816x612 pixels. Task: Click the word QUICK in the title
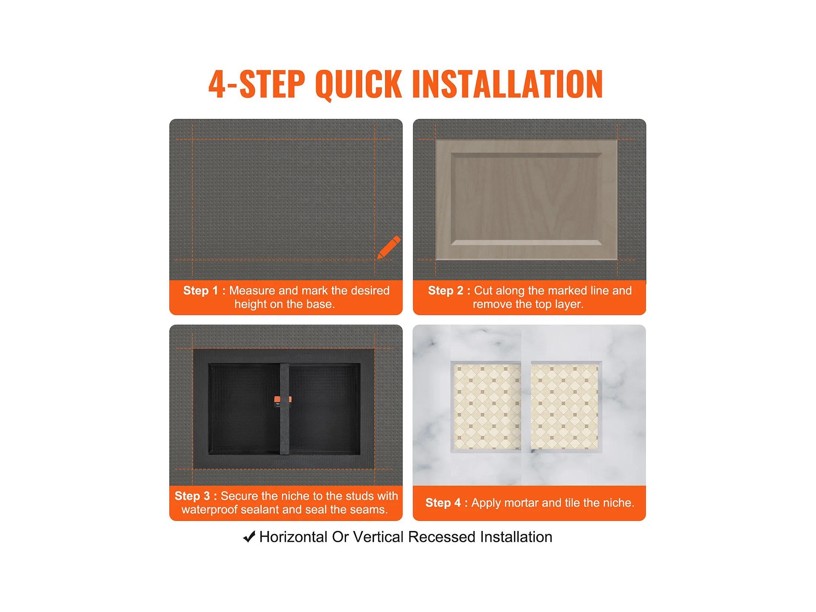[x=358, y=85]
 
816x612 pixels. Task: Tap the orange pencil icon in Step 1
[x=389, y=247]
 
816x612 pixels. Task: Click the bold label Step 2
[x=446, y=290]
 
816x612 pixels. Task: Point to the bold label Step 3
[x=192, y=496]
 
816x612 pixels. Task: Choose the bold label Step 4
[x=443, y=502]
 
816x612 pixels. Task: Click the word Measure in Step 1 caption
[x=252, y=290]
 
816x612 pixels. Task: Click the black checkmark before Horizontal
[x=249, y=537]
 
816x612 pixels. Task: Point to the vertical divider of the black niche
[x=285, y=408]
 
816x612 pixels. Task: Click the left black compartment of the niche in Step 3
[x=244, y=408]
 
